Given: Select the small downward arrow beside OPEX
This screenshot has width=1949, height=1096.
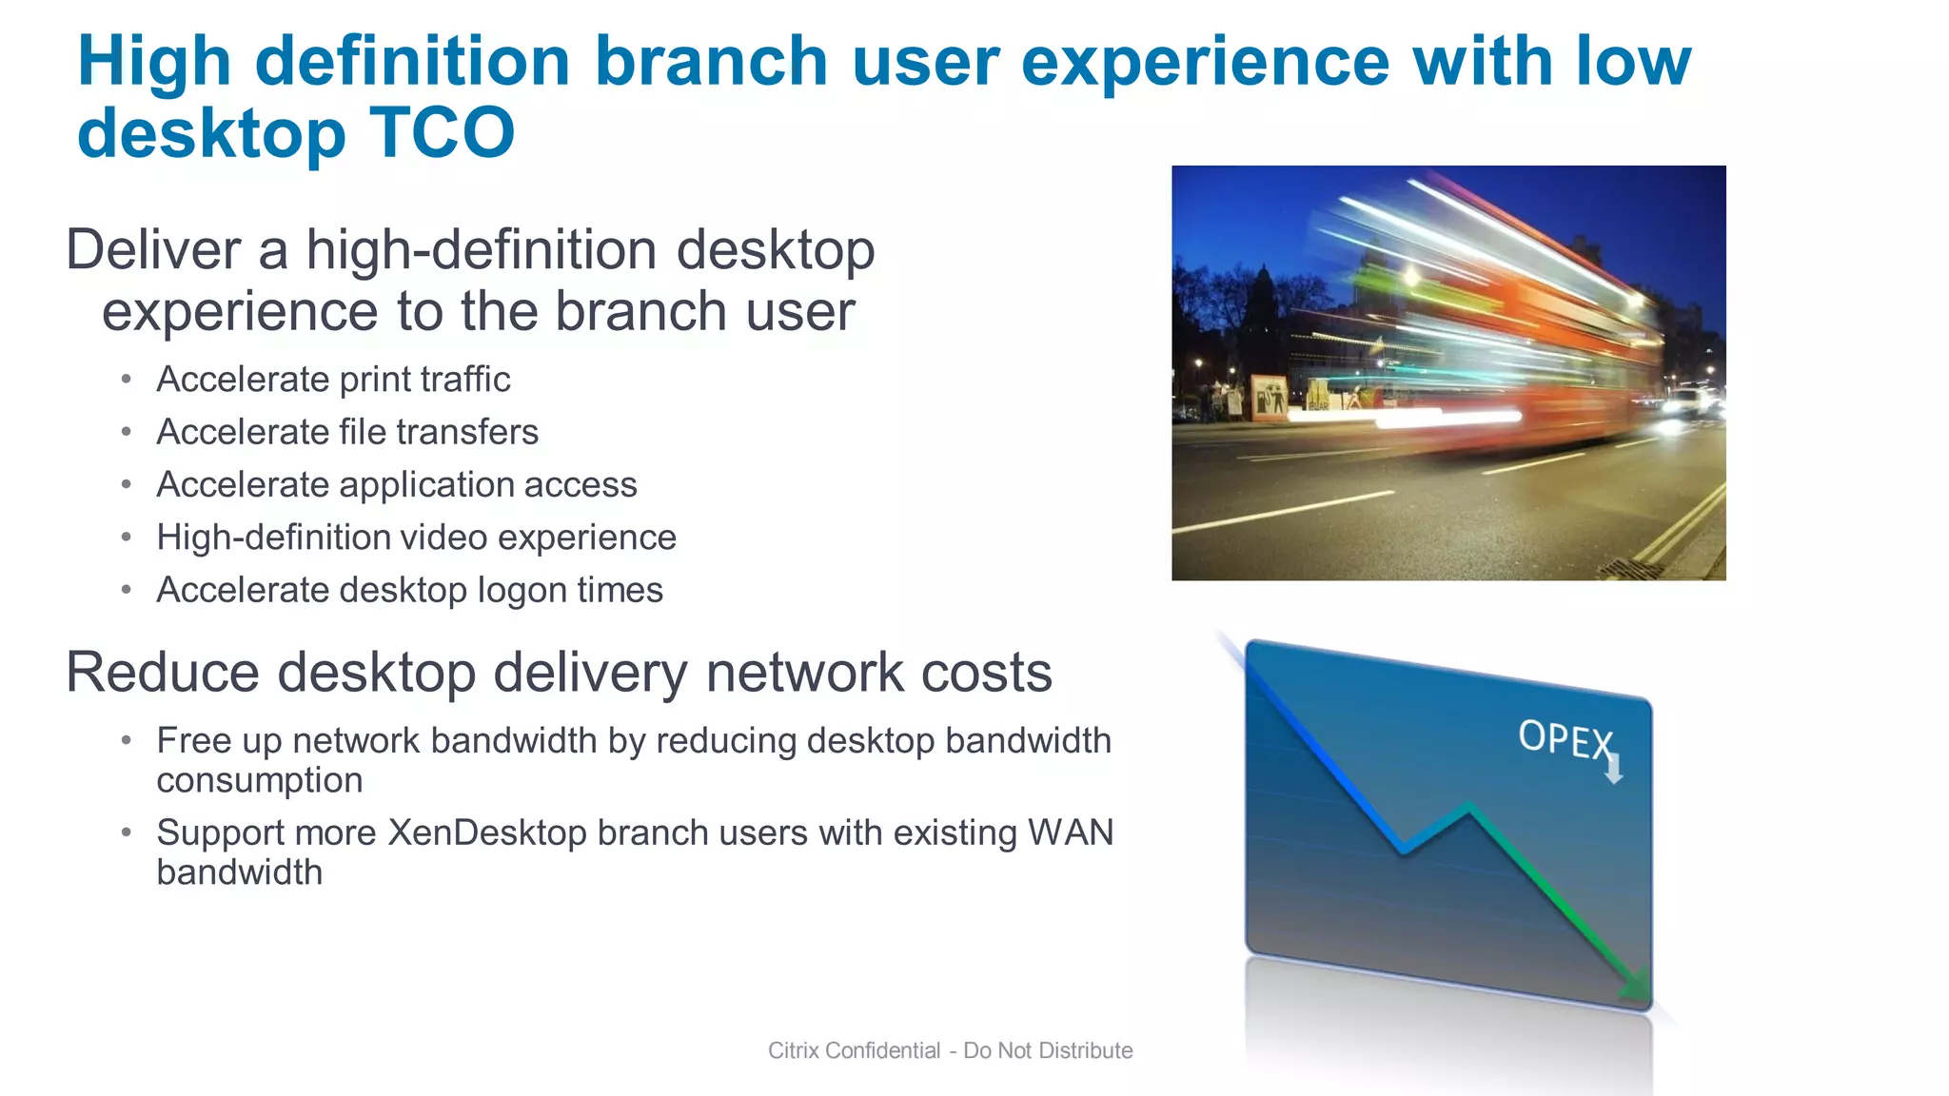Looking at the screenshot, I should pos(1613,769).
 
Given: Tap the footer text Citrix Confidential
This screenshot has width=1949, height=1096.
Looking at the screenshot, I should pos(854,1050).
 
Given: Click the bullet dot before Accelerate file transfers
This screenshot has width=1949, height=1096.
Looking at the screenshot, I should pos(126,432).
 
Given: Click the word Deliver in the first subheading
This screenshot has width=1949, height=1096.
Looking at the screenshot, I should pos(152,250).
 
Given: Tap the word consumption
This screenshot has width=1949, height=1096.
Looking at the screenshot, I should pos(259,780).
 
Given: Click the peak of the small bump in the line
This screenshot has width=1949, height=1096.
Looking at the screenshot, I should pos(1468,808).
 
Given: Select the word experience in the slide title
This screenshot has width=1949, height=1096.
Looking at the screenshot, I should pos(1205,61).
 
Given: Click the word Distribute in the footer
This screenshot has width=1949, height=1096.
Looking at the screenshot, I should pos(1085,1050).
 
